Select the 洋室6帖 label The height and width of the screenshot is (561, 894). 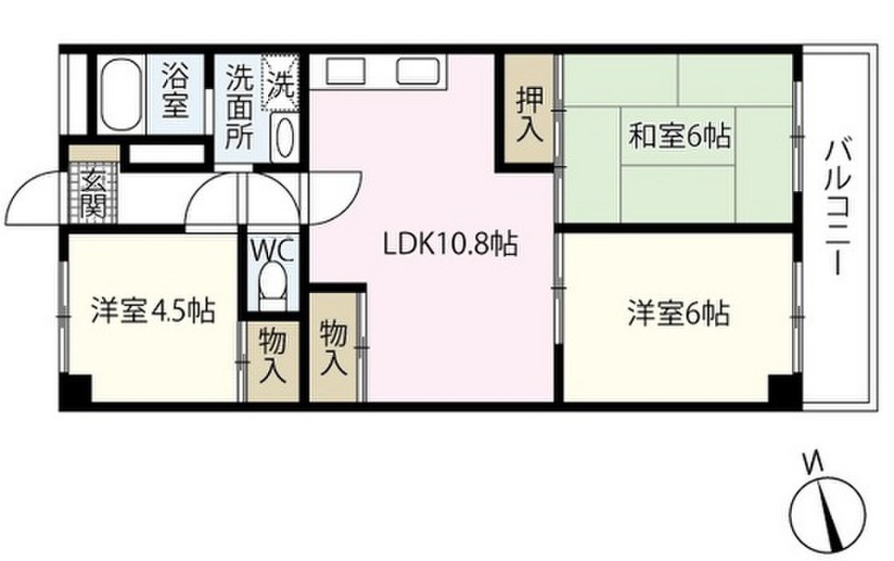pyautogui.click(x=677, y=313)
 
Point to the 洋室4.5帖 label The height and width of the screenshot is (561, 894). pyautogui.click(x=153, y=311)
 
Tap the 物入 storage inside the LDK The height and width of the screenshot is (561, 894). pyautogui.click(x=334, y=346)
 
